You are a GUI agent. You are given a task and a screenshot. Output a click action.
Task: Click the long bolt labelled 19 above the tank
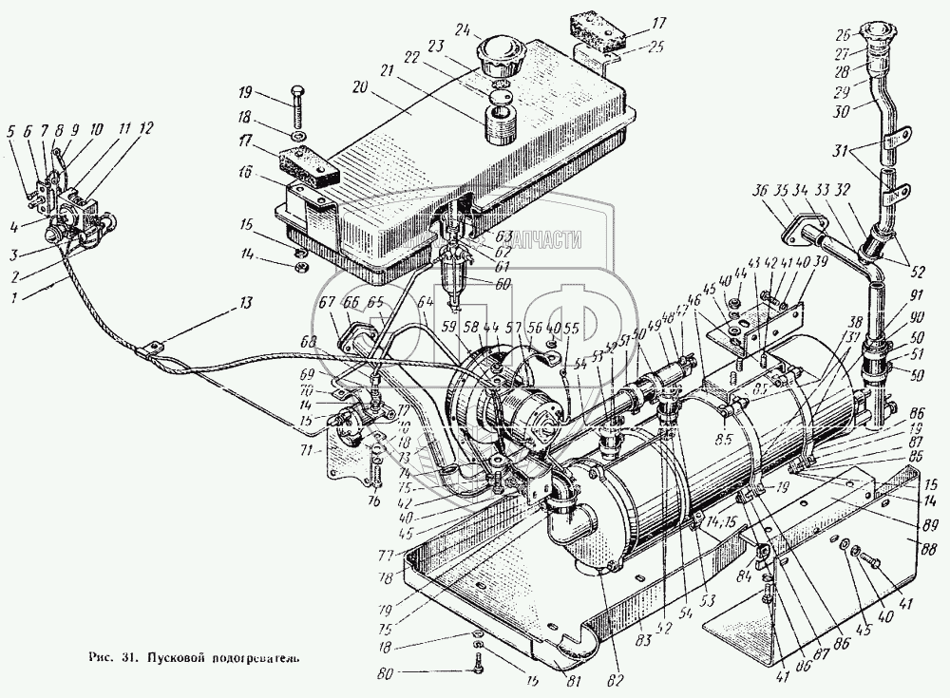(295, 112)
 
